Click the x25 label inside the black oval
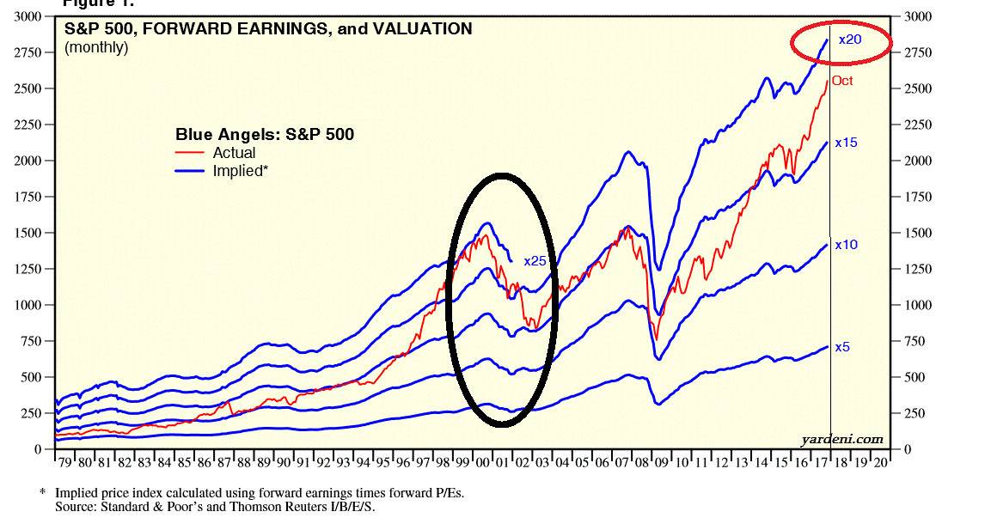(535, 261)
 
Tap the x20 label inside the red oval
(850, 40)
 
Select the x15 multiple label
(846, 143)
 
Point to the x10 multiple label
(846, 245)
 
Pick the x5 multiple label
(842, 347)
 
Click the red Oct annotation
(842, 81)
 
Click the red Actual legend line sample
(190, 153)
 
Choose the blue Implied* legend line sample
(190, 171)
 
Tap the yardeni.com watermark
(841, 439)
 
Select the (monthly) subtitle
(96, 47)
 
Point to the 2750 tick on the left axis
(25, 52)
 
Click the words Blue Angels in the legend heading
(212, 134)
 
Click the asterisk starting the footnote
(42, 493)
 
